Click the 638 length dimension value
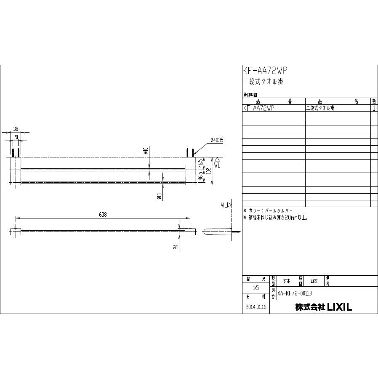point(103,215)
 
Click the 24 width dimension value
point(176,246)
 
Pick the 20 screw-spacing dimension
point(16,137)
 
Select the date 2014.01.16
point(256,307)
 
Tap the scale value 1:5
point(256,288)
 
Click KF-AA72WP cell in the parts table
point(259,108)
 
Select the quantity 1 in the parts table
point(374,108)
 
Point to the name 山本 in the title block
point(314,281)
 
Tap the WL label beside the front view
point(217,165)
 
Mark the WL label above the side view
point(225,205)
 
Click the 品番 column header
point(274,101)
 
